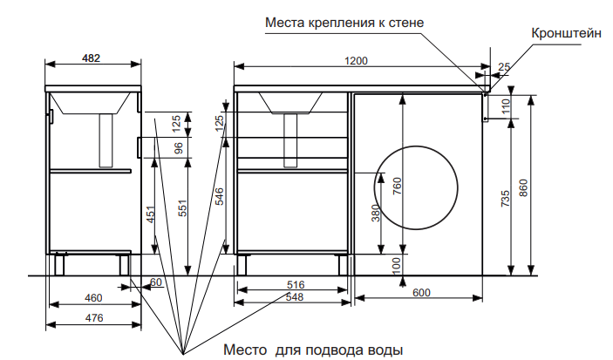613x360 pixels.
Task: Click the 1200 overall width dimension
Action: (356, 61)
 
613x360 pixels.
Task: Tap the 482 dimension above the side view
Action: (91, 58)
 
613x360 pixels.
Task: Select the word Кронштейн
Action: (566, 33)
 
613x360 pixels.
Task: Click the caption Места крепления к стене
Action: (344, 23)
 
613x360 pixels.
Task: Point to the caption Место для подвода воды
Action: (313, 350)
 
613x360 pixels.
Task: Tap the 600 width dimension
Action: (421, 293)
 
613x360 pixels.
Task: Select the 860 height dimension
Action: (523, 188)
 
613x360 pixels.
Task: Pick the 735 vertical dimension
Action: (506, 199)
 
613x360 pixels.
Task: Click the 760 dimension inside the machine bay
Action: (397, 186)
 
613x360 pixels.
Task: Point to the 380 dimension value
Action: (376, 213)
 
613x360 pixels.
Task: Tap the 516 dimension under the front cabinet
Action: (296, 284)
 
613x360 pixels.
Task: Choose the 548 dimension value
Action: (295, 297)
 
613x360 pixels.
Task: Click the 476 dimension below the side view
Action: (94, 318)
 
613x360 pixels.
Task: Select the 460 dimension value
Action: (93, 298)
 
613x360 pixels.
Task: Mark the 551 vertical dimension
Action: (182, 208)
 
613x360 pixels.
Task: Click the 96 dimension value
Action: (178, 148)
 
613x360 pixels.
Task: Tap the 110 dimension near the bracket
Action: (507, 106)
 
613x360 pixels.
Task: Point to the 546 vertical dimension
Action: (220, 197)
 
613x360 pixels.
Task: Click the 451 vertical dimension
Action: (151, 214)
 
